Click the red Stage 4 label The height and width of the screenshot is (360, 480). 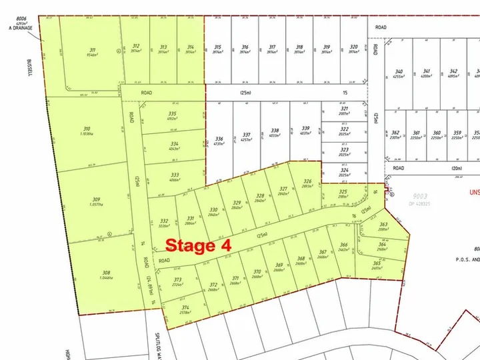tap(198, 245)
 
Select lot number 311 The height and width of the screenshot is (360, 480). tap(92, 49)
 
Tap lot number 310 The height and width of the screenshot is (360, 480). tap(86, 129)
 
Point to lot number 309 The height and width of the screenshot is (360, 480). tap(96, 199)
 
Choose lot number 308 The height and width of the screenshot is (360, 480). tap(105, 273)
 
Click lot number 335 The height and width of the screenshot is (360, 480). tap(173, 114)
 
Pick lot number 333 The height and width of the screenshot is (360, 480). tap(174, 175)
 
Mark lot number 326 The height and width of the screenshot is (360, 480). tap(307, 181)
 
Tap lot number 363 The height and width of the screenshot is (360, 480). tap(383, 225)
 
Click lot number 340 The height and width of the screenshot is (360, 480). tap(399, 71)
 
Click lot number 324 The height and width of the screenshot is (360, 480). tap(344, 171)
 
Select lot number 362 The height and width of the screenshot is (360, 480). tap(395, 133)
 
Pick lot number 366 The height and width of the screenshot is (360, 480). tap(344, 245)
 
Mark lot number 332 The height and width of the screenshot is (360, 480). tap(163, 221)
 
